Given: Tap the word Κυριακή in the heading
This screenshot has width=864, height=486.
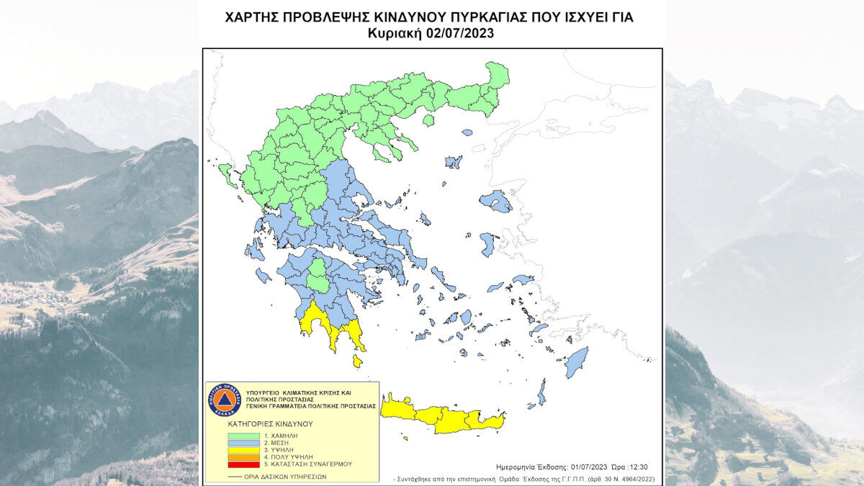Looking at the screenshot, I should click(x=393, y=33).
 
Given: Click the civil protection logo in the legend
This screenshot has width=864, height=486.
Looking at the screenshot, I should click(x=224, y=400).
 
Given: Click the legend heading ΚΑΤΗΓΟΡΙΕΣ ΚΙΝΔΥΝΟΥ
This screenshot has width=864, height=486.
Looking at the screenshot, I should click(x=261, y=425).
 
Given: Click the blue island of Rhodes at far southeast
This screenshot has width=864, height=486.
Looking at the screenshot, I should click(x=576, y=362).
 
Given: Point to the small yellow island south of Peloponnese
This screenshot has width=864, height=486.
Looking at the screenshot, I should click(x=357, y=361).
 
